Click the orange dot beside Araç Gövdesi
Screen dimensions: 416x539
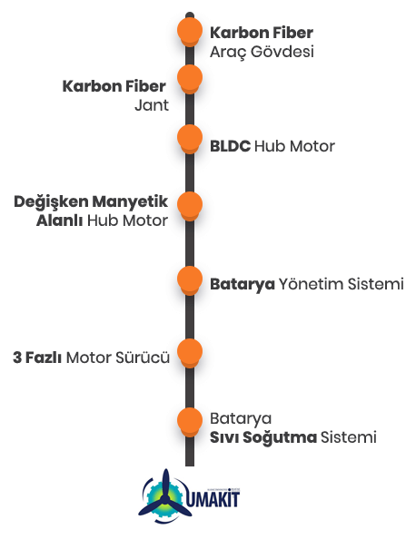[190, 31]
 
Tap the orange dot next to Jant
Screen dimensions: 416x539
[190, 78]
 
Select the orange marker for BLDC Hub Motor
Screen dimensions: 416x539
[190, 138]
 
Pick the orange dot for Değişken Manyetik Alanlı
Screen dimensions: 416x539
[190, 206]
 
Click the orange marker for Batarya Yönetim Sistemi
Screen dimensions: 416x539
[190, 279]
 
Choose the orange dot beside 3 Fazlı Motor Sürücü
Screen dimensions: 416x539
[190, 353]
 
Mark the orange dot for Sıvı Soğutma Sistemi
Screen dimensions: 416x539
[190, 421]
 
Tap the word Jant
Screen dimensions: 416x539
[152, 105]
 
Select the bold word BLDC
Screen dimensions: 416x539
[230, 146]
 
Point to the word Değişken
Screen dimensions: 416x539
[51, 201]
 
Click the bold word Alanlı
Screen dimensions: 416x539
[59, 220]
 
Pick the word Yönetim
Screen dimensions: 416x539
[311, 284]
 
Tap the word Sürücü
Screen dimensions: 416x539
[143, 358]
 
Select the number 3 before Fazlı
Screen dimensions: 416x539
[17, 358]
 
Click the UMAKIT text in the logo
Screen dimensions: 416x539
[213, 500]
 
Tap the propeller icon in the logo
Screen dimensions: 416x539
[165, 495]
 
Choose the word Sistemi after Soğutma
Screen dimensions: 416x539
[349, 437]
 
